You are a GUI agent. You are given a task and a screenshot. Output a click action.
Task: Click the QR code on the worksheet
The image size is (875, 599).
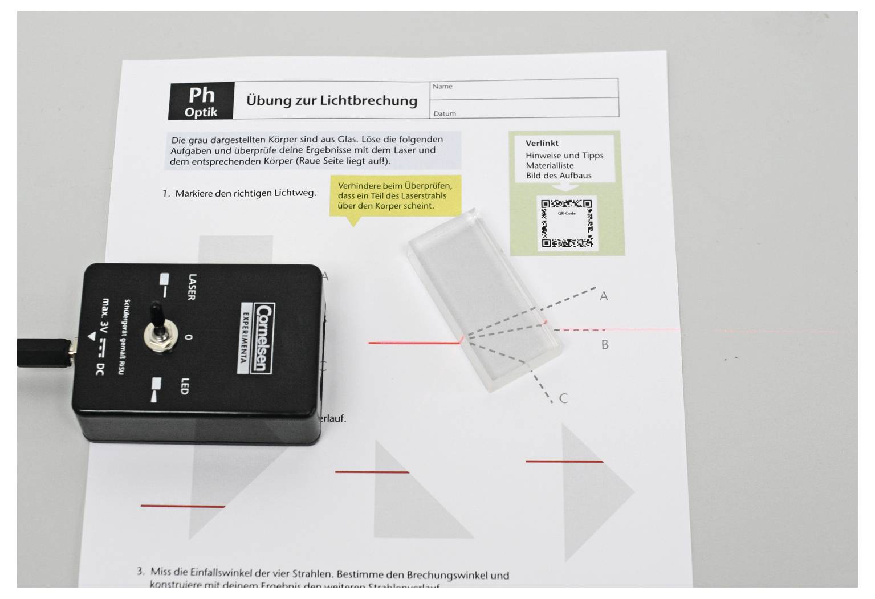click(566, 223)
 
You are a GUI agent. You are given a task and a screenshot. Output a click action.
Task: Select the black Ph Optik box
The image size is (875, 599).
click(201, 101)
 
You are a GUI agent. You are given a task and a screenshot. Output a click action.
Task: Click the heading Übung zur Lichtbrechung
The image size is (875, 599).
click(331, 100)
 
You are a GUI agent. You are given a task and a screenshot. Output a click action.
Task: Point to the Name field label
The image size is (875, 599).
click(442, 87)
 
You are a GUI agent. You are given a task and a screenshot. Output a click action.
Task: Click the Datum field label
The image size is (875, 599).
click(445, 113)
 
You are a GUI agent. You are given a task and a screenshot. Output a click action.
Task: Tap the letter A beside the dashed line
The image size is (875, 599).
click(604, 296)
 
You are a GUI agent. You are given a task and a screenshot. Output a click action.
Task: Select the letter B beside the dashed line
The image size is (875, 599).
click(605, 345)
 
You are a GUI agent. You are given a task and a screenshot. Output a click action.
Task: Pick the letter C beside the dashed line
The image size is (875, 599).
click(563, 398)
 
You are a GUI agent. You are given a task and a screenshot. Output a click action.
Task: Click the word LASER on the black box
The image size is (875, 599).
click(192, 287)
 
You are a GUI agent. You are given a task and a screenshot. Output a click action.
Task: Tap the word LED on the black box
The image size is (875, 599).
click(184, 386)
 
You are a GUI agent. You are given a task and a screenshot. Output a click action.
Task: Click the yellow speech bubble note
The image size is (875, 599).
click(394, 196)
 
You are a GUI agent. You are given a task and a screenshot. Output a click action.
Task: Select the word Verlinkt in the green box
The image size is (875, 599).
click(542, 143)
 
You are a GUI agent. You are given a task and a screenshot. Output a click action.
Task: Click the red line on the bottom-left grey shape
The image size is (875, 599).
click(182, 506)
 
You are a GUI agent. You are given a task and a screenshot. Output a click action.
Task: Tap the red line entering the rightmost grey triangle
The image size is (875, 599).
click(564, 461)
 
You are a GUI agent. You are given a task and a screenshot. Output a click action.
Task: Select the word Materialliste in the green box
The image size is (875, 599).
click(550, 165)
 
